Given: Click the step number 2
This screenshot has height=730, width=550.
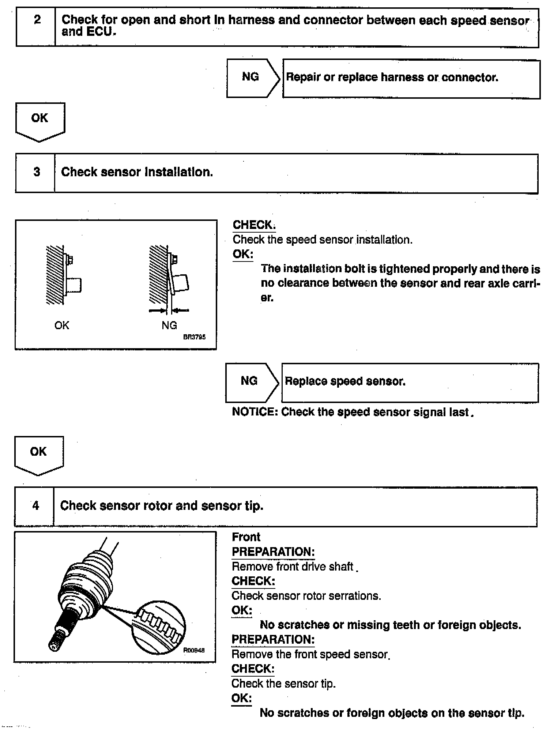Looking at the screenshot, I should coord(37,19).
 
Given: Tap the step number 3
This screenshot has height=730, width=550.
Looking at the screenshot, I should coord(37,172).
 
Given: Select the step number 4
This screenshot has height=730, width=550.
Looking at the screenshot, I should coord(35,506).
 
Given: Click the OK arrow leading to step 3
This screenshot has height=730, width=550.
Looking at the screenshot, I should coord(40,121).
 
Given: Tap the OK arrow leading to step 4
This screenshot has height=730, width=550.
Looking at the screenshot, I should coord(39,455).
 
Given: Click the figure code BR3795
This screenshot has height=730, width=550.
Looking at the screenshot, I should coord(194,337).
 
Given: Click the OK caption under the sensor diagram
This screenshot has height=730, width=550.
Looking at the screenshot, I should coord(61,325).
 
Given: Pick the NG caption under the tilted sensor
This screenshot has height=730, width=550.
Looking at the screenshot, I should coord(169,325).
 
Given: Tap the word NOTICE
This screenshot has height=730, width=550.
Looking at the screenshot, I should coord(255,412).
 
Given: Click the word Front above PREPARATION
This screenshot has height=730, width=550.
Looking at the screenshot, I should coord(246,537).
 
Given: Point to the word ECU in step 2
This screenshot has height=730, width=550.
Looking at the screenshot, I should coord(101,32).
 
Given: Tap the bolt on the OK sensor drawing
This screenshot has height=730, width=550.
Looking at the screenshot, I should coord(69,260).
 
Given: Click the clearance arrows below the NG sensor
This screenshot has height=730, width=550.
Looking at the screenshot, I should coord(169,311).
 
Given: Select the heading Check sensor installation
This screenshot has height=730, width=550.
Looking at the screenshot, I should coord(137,172).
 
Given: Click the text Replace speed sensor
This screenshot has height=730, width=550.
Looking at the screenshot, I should coord(345,381).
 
